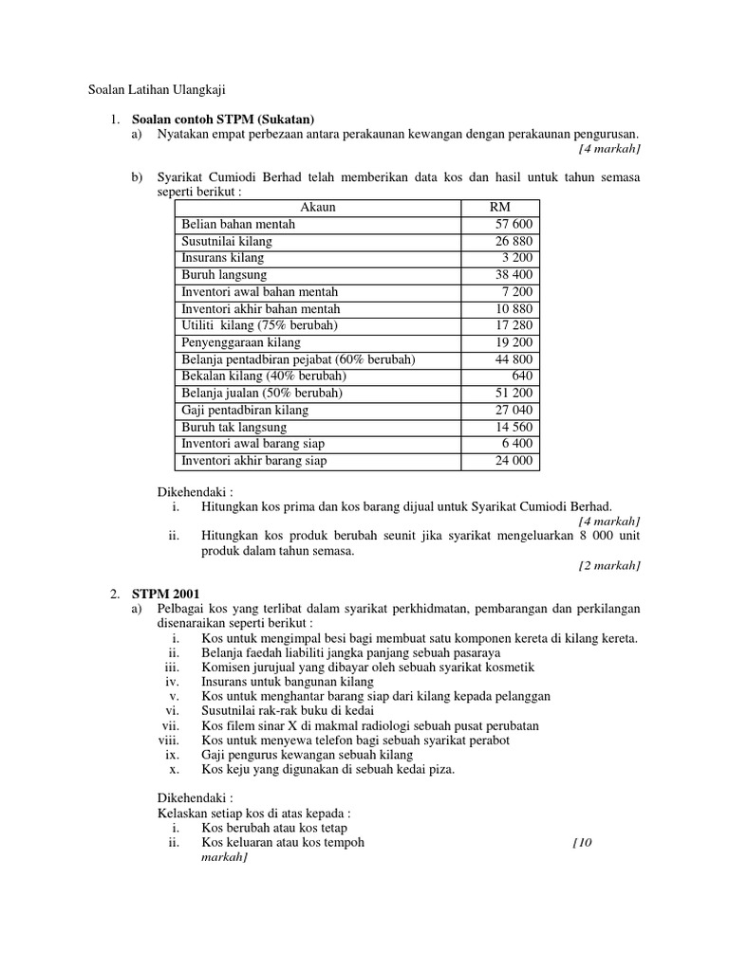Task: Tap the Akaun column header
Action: coord(318,207)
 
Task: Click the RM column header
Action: coord(499,207)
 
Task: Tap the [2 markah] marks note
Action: coord(609,565)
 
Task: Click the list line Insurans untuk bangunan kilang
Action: coord(288,682)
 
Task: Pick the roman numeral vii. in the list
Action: coord(171,725)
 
